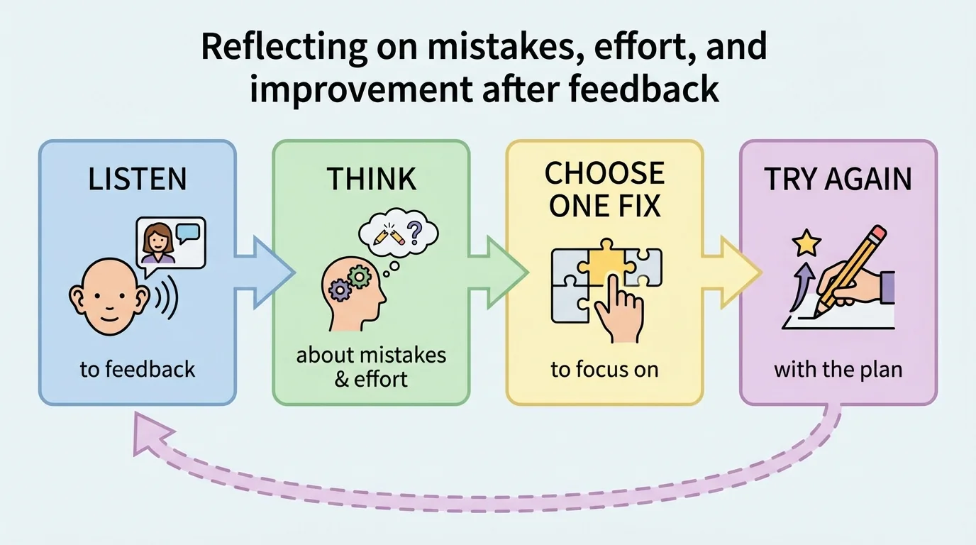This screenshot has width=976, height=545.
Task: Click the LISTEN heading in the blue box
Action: [137, 180]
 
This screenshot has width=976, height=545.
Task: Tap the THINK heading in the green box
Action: [371, 180]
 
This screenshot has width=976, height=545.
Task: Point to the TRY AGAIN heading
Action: [838, 180]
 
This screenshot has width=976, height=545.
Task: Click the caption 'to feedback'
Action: [137, 370]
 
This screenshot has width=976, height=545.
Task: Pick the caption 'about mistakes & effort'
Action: [371, 366]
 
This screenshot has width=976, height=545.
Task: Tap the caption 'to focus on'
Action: [604, 370]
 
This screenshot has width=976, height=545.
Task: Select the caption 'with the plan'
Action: [838, 370]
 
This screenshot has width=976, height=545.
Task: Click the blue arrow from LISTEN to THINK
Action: [266, 272]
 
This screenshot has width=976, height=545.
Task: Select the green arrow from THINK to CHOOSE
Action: [500, 272]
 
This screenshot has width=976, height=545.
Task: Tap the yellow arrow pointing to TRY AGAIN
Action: [733, 272]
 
